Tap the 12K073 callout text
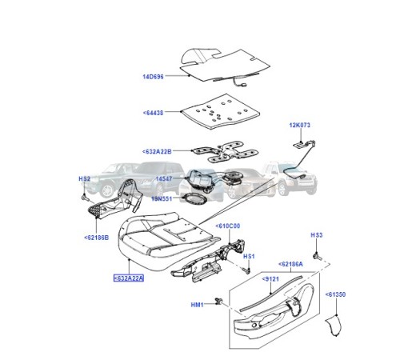click(x=302, y=126)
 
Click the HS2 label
click(x=84, y=179)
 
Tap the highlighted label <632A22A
click(x=130, y=279)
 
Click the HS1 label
click(x=249, y=256)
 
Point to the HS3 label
click(x=316, y=234)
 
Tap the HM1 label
click(x=198, y=304)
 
